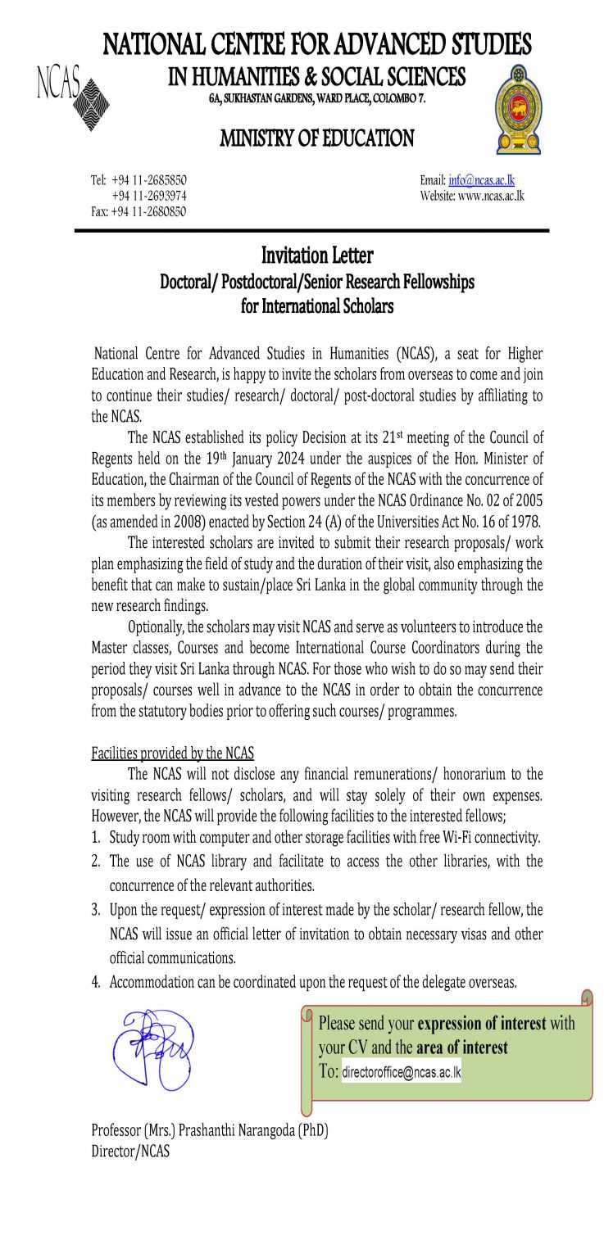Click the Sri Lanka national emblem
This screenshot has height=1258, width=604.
[518, 109]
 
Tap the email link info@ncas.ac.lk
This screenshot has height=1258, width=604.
[481, 180]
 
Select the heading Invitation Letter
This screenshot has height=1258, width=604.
[317, 256]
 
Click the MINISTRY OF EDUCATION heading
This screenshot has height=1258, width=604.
[317, 138]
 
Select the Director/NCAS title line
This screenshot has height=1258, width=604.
[131, 1150]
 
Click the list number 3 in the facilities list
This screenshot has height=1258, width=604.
[95, 910]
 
